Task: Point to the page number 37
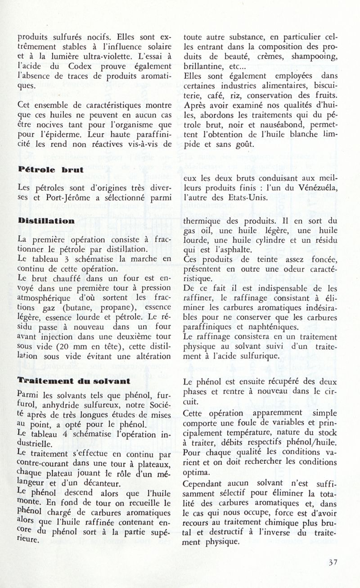333,562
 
